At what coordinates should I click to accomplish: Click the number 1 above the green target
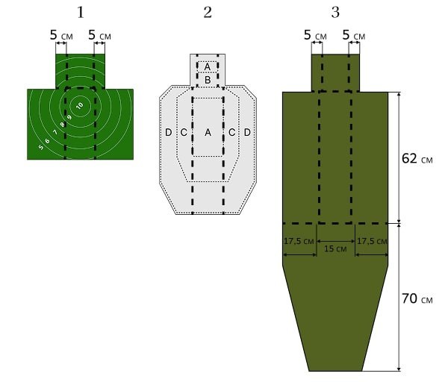click(81, 13)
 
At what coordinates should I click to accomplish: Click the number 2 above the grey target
click(208, 13)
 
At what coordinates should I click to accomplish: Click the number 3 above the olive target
click(335, 13)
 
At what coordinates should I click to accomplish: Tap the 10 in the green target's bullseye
click(80, 106)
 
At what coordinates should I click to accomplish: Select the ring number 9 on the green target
click(69, 117)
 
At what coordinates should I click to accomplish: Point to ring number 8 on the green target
click(62, 125)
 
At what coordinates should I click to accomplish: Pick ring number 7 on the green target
click(55, 132)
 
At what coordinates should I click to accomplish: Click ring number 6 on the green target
click(48, 140)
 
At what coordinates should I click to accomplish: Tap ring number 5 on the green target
click(41, 147)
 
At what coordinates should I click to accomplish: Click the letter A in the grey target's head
click(208, 67)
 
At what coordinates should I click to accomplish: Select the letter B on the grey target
click(208, 80)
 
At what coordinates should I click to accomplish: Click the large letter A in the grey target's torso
click(208, 133)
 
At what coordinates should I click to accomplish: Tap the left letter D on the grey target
click(169, 133)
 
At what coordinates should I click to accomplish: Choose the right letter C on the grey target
click(231, 133)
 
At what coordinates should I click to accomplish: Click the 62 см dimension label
click(417, 158)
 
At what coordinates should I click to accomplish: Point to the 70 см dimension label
click(417, 298)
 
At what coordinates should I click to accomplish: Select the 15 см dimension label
click(335, 248)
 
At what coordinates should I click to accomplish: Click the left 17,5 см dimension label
click(299, 241)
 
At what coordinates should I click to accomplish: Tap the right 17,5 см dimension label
click(372, 241)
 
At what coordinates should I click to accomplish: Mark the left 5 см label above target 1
click(61, 35)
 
